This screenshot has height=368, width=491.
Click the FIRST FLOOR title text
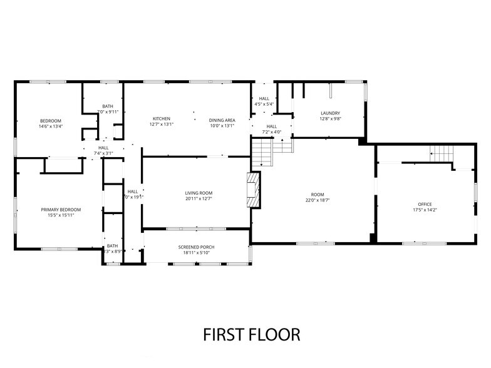pyautogui.click(x=251, y=334)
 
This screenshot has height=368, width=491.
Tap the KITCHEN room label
pyautogui.click(x=162, y=119)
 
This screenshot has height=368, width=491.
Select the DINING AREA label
pyautogui.click(x=222, y=120)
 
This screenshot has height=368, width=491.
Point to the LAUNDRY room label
pyautogui.click(x=330, y=113)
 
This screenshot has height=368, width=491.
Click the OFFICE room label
pyautogui.click(x=425, y=204)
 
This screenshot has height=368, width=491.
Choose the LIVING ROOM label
pyautogui.click(x=199, y=193)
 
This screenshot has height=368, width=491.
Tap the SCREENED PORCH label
pyautogui.click(x=196, y=247)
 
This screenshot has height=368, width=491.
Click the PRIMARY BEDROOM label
pyautogui.click(x=61, y=210)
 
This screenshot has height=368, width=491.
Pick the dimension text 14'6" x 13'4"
pyautogui.click(x=51, y=126)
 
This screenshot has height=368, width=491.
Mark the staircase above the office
pyautogui.click(x=441, y=152)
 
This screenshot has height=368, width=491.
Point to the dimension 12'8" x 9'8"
pyautogui.click(x=330, y=119)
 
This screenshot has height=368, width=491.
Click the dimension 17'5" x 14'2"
pyautogui.click(x=425, y=210)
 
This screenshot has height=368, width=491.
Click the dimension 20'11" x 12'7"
pyautogui.click(x=199, y=198)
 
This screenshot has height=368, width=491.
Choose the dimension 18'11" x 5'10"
pyautogui.click(x=196, y=253)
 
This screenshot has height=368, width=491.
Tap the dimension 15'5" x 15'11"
pyautogui.click(x=61, y=215)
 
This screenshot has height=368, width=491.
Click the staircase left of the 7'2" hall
pyautogui.click(x=261, y=152)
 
